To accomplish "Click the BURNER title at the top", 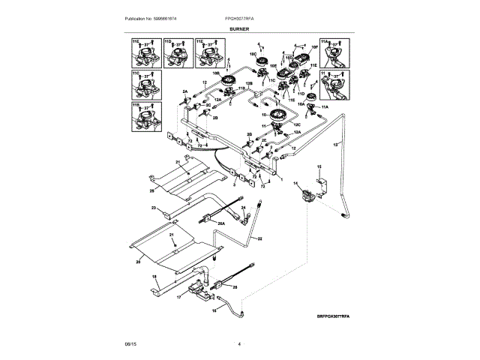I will tap(239, 28).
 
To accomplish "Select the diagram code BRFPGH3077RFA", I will tap(333, 316).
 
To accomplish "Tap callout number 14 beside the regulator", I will tap(295, 184).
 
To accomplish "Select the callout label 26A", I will tap(221, 223).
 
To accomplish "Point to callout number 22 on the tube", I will tap(259, 238).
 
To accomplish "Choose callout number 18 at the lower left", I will tap(155, 277).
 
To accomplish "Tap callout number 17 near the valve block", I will tap(179, 297).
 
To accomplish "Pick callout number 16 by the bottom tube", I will tap(213, 308).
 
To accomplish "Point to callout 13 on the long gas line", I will tap(335, 142).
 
